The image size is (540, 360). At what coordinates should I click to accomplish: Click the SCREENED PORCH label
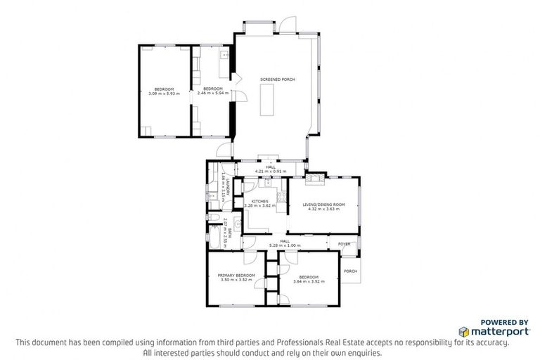click(x=277, y=79)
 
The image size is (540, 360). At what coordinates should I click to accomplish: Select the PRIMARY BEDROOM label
click(x=236, y=276)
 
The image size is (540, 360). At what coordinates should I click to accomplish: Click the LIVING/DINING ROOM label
click(x=321, y=205)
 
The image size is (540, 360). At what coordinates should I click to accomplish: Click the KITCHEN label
click(x=260, y=202)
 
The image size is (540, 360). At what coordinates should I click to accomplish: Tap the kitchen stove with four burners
click(x=282, y=199)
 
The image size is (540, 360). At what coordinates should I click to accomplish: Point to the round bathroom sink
click(x=238, y=226)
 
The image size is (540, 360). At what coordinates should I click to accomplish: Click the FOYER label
click(x=344, y=244)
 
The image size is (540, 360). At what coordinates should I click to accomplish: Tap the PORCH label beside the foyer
click(x=349, y=271)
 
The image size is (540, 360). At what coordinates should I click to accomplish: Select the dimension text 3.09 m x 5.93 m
click(x=164, y=94)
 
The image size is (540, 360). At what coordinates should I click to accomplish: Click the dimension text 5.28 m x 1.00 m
click(x=285, y=245)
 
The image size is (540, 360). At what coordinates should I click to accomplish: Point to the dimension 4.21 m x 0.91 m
click(x=271, y=171)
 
